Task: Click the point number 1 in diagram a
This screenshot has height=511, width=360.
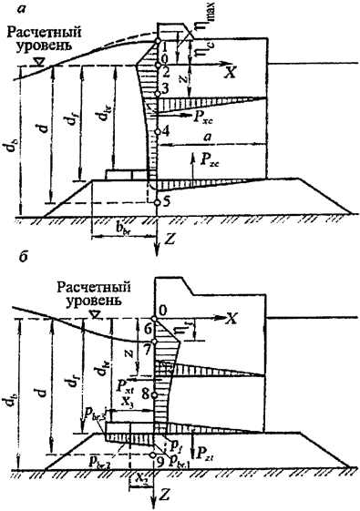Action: pos(164,46)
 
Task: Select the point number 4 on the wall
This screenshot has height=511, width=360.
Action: pos(164,131)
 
